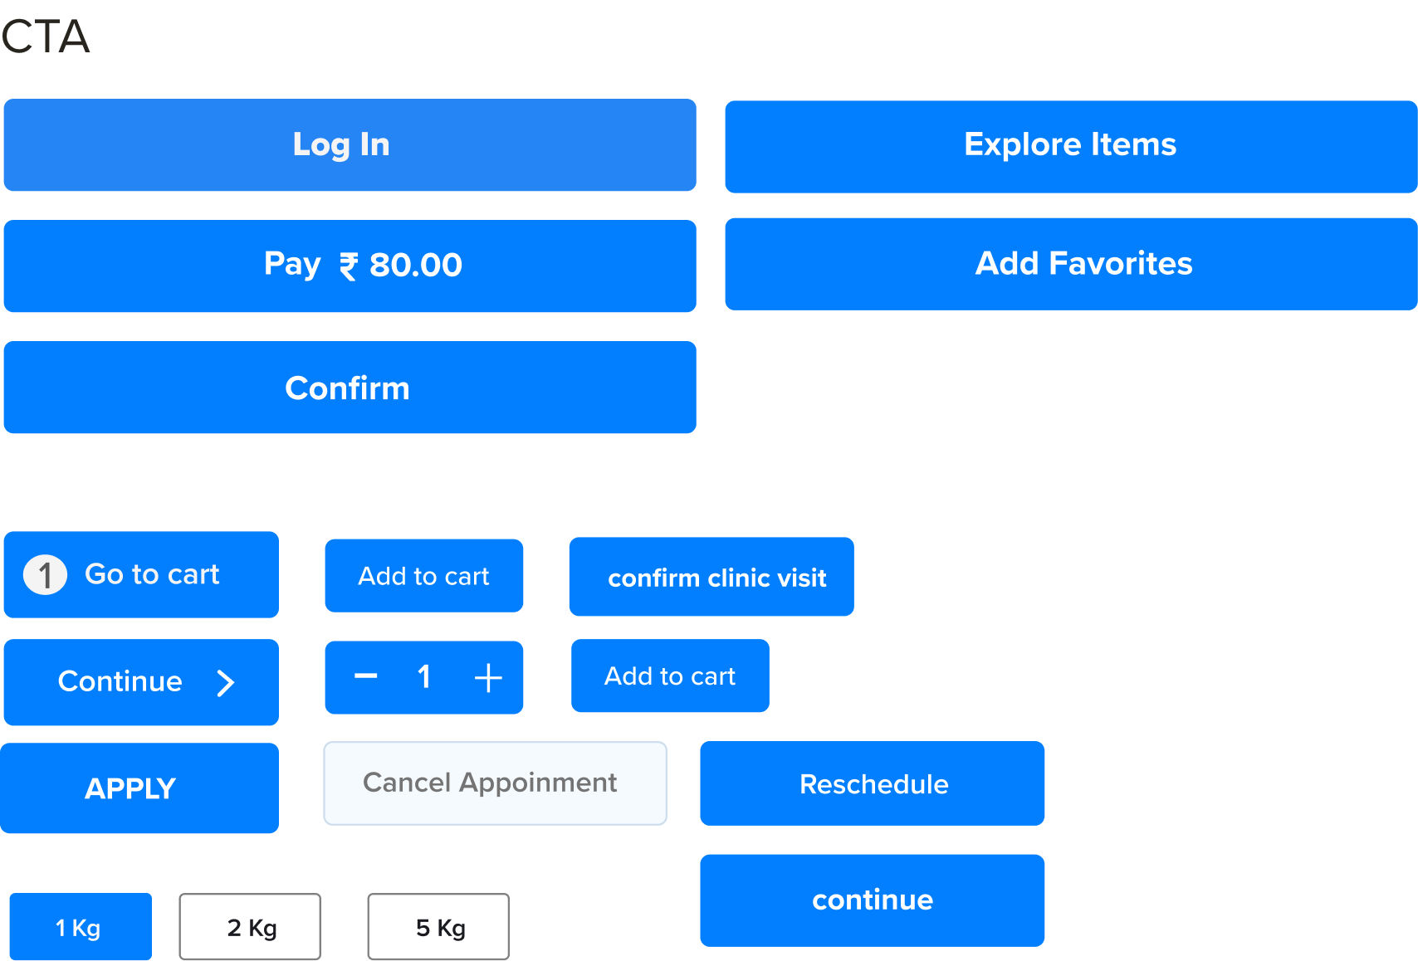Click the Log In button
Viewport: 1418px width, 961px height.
click(350, 145)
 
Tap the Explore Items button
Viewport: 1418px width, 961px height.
click(1071, 147)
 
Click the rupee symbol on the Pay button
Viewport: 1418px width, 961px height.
click(348, 266)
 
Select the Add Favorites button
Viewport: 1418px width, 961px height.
click(1071, 265)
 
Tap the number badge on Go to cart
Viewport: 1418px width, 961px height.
click(45, 575)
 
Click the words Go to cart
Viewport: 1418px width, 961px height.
click(152, 574)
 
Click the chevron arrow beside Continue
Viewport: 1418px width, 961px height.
click(225, 683)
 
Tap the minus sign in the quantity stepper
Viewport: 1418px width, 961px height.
click(366, 676)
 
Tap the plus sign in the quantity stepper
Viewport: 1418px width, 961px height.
click(488, 678)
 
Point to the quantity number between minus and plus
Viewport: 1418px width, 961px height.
click(424, 677)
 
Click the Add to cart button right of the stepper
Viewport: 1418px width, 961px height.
click(670, 676)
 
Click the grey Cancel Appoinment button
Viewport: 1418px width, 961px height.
click(495, 783)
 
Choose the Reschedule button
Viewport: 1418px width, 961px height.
click(873, 783)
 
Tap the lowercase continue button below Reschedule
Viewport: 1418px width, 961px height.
click(873, 901)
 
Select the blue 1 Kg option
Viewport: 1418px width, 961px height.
click(81, 927)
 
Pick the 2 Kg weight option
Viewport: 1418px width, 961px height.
click(250, 927)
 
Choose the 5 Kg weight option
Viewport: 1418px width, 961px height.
click(438, 927)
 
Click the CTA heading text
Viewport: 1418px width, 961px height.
click(46, 37)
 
